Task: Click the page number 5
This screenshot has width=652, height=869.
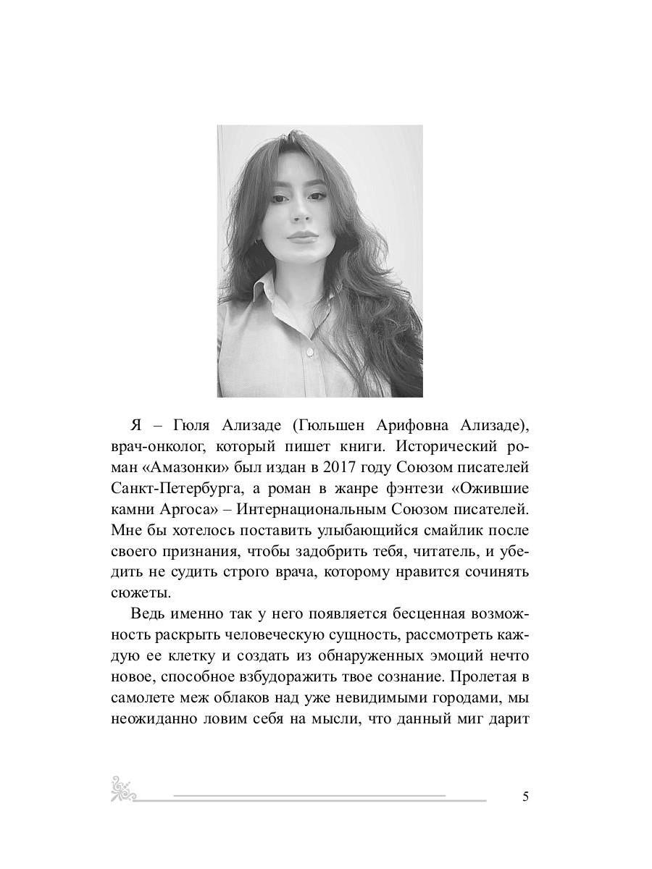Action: click(525, 797)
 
